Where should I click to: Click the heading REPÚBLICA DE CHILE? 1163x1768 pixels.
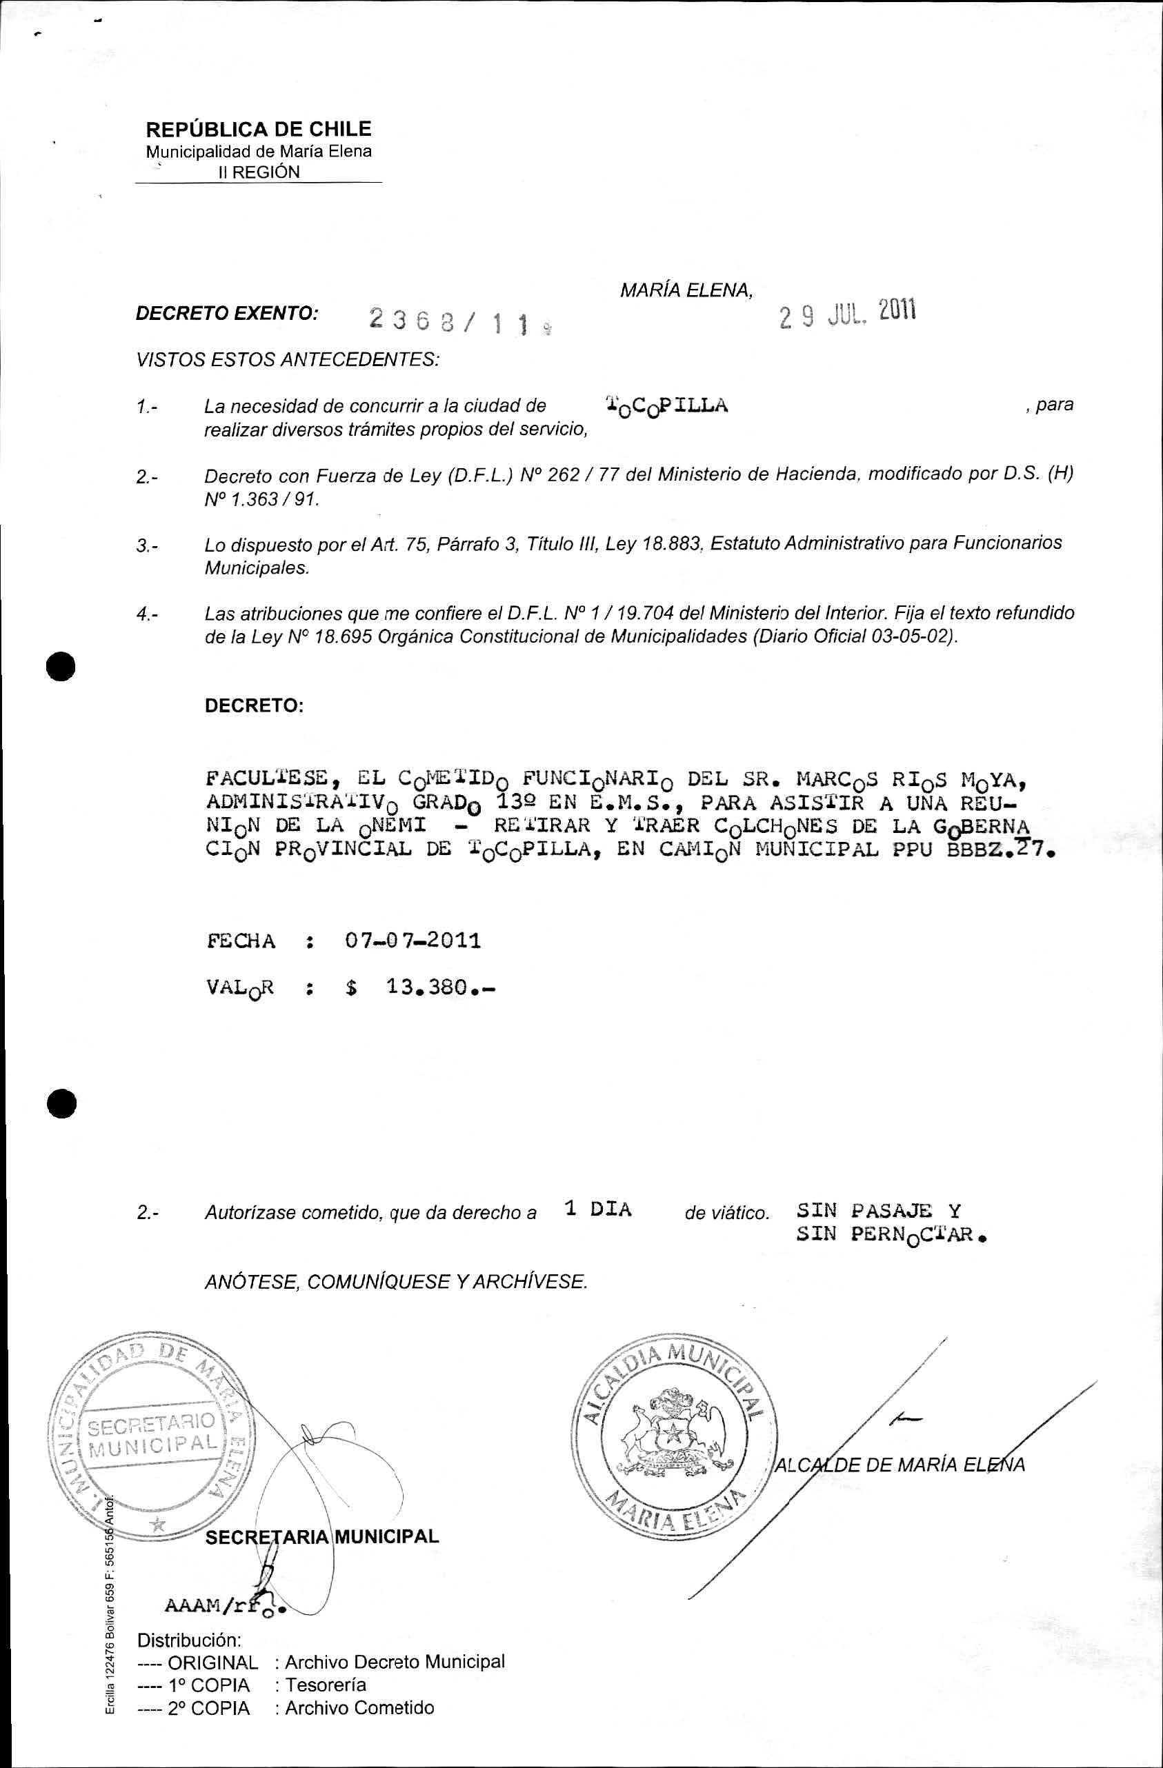pyautogui.click(x=258, y=129)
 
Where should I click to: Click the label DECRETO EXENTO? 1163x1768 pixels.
pyautogui.click(x=228, y=314)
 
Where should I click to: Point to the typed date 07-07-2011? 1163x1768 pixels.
pyautogui.click(x=412, y=941)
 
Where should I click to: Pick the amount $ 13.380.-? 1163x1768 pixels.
pyautogui.click(x=420, y=987)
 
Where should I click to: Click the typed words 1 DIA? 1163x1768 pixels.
pyautogui.click(x=597, y=1209)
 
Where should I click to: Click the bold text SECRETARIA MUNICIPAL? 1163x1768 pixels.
pyautogui.click(x=321, y=1536)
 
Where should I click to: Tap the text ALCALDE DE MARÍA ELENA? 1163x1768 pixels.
pyautogui.click(x=899, y=1465)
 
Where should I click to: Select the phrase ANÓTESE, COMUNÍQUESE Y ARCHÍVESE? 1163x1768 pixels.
pyautogui.click(x=396, y=1281)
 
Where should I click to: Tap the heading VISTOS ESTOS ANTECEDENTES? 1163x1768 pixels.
pyautogui.click(x=288, y=360)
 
